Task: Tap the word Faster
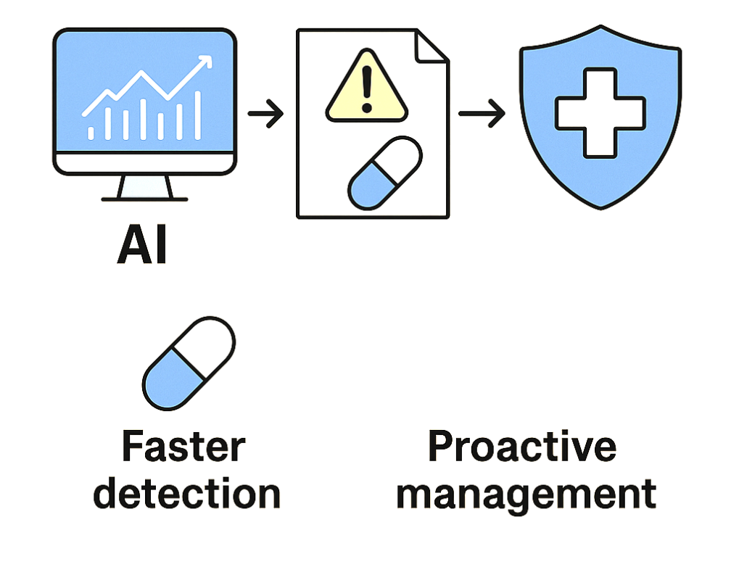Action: coord(183,447)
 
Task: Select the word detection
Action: coord(187,494)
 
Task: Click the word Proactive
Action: coord(521,447)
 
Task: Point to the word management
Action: coord(526,494)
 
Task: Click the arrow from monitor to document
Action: coord(265,114)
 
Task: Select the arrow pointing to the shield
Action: coord(482,114)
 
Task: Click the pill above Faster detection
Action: coord(189,363)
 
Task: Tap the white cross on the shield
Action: coord(600,113)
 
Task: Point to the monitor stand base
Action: coord(144,197)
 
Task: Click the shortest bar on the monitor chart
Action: coord(91,131)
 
